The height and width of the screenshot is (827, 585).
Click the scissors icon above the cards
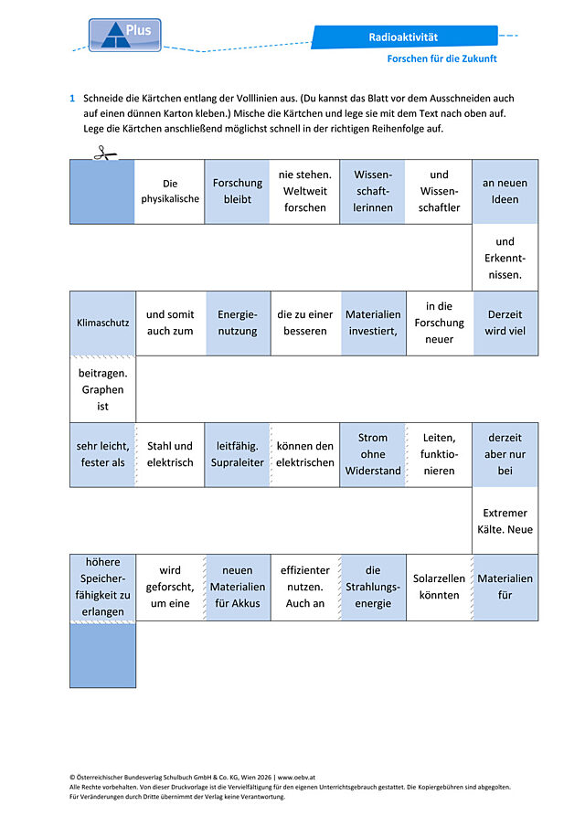[105, 153]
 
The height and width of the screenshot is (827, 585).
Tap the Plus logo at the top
[125, 36]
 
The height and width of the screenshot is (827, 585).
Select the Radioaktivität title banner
[404, 37]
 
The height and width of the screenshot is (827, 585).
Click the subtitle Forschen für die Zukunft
[441, 58]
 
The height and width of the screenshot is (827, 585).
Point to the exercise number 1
[72, 98]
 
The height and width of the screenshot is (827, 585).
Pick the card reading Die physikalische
[170, 192]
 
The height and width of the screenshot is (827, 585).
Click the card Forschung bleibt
[238, 192]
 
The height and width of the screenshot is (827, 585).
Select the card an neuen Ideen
[505, 192]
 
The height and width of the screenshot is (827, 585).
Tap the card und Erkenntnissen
[505, 258]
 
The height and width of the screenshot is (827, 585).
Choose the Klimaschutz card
[103, 323]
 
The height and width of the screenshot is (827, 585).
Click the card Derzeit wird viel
[505, 323]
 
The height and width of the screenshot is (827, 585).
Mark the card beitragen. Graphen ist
[103, 390]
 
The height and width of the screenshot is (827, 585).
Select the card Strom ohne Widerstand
[373, 454]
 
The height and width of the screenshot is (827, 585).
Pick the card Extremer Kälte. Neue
[505, 521]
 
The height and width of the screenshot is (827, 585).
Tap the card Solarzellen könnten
[439, 587]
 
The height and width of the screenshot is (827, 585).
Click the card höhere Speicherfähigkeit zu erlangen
[103, 587]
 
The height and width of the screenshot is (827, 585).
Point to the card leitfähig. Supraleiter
[238, 454]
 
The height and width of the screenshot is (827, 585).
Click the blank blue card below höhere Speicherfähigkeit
[103, 655]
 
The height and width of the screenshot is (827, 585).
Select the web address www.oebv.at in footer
[296, 777]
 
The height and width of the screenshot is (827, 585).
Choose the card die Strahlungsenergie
[373, 587]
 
